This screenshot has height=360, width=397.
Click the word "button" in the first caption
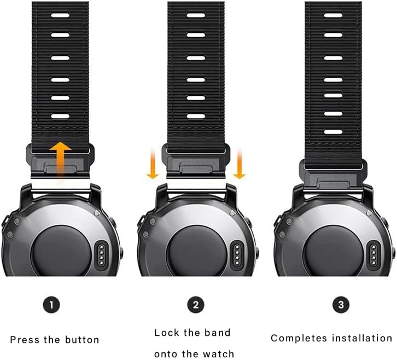[x=82, y=340]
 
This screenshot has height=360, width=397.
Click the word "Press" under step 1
[x=25, y=340]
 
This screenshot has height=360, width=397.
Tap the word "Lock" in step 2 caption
[x=166, y=332]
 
